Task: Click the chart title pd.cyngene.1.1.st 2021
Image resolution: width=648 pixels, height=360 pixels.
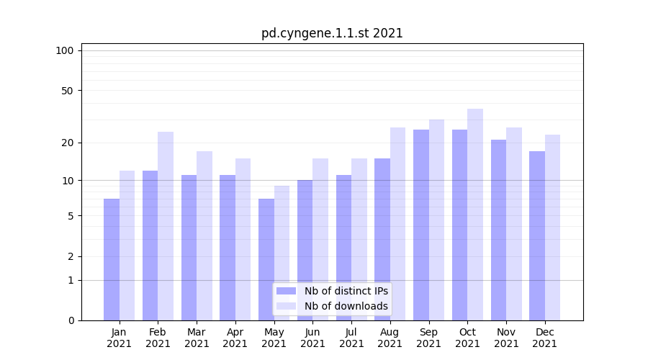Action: [332, 33]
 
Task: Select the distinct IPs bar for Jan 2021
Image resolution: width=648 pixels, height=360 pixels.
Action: [112, 259]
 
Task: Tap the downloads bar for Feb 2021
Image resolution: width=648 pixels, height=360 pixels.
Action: [166, 226]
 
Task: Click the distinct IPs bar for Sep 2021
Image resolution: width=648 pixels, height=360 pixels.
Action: [421, 225]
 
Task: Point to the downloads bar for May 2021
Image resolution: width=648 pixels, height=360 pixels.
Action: [282, 253]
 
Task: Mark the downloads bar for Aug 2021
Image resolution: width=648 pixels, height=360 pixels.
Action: [398, 224]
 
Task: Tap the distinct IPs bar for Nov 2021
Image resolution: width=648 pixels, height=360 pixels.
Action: [498, 230]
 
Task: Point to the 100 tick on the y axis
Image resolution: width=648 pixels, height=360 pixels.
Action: [65, 50]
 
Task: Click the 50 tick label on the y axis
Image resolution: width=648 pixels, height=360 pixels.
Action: [67, 91]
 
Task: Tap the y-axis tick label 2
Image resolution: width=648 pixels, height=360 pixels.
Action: [71, 256]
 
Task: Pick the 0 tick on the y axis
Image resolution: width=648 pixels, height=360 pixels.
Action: [71, 320]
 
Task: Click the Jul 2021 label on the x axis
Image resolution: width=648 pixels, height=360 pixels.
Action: [351, 338]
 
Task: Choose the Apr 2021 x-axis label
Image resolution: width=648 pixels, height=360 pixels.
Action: [235, 338]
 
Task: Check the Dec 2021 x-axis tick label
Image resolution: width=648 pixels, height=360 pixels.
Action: [545, 338]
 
